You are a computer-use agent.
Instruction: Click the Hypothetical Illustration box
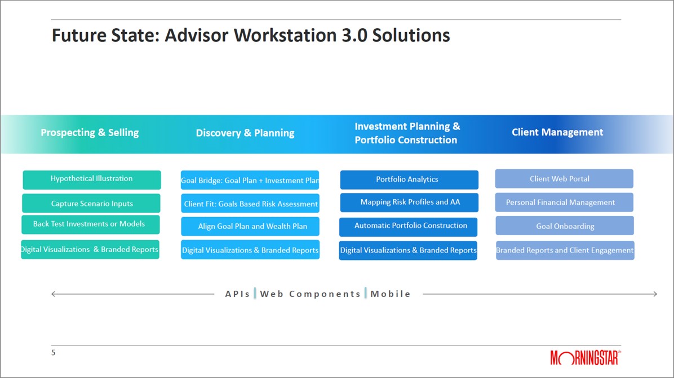pyautogui.click(x=91, y=180)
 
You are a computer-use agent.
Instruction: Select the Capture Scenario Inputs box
pyautogui.click(x=91, y=204)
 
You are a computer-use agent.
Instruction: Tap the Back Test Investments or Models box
pyautogui.click(x=91, y=224)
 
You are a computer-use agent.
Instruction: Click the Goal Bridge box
pyautogui.click(x=250, y=180)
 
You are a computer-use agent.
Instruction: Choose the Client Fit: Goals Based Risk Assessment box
pyautogui.click(x=250, y=204)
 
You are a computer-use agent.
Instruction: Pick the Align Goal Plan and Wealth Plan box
pyautogui.click(x=250, y=226)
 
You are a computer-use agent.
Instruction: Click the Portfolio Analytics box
pyautogui.click(x=409, y=180)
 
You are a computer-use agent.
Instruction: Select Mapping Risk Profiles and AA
pyautogui.click(x=409, y=202)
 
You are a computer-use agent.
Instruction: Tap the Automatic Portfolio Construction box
pyautogui.click(x=409, y=227)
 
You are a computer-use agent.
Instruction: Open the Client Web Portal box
pyautogui.click(x=564, y=178)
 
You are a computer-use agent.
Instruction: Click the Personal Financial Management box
pyautogui.click(x=564, y=202)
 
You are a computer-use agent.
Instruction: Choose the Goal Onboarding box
pyautogui.click(x=564, y=226)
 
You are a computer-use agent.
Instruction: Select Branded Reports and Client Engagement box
pyautogui.click(x=565, y=250)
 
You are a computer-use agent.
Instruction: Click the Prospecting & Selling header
pyautogui.click(x=90, y=133)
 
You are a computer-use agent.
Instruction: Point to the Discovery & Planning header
pyautogui.click(x=245, y=133)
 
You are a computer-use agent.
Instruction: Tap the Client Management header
pyautogui.click(x=557, y=132)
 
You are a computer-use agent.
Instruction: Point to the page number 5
pyautogui.click(x=54, y=353)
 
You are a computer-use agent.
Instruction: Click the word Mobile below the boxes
pyautogui.click(x=391, y=294)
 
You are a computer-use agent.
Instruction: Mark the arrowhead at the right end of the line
pyautogui.click(x=655, y=294)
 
